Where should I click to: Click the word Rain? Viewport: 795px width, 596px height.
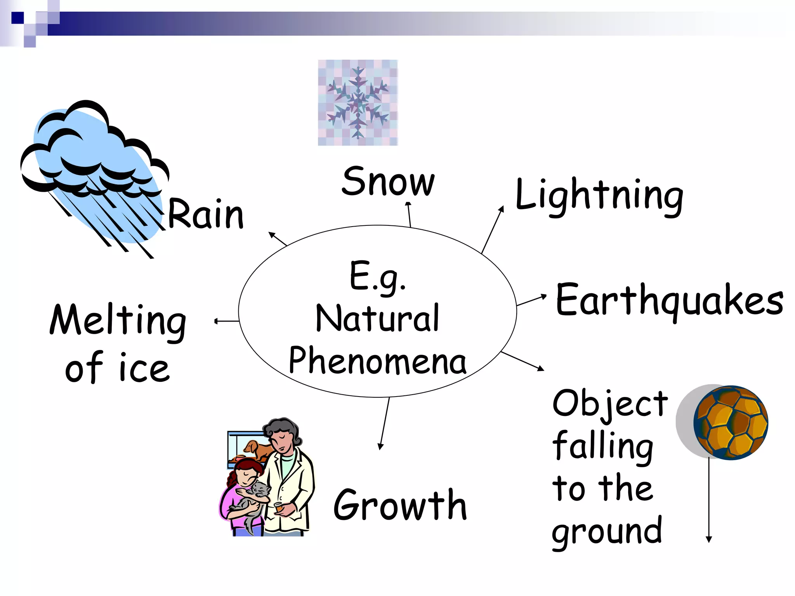tap(206, 214)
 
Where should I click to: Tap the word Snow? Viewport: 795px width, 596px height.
tap(388, 182)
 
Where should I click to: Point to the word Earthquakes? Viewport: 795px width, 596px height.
tap(669, 300)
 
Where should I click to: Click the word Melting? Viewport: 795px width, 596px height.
tap(118, 321)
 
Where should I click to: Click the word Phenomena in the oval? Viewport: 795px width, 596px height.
tap(377, 361)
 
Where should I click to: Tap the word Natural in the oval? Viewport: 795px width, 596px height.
tap(377, 318)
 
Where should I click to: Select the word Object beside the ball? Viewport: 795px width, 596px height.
tap(610, 404)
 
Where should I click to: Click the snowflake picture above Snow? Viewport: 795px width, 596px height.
tap(358, 103)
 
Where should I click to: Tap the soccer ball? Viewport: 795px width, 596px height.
tap(731, 422)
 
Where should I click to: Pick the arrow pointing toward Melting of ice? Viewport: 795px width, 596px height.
tap(227, 321)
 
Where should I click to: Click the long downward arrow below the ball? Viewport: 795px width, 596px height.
tap(709, 501)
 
